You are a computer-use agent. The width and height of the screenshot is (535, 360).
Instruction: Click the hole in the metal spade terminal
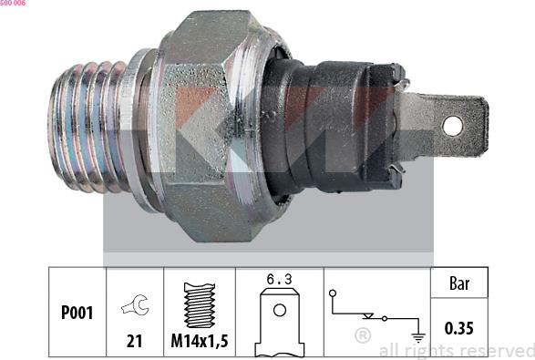tap(452, 126)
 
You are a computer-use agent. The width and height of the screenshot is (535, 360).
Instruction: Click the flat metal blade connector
tap(444, 127)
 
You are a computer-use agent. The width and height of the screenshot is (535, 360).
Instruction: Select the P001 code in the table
tap(77, 313)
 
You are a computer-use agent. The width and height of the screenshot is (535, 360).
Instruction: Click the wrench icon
tap(135, 304)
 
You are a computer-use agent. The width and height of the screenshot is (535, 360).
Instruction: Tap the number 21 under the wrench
tap(134, 341)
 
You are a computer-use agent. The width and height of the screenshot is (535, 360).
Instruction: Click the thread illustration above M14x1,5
tap(200, 305)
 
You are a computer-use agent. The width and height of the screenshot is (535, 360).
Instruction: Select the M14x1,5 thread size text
tap(200, 341)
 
